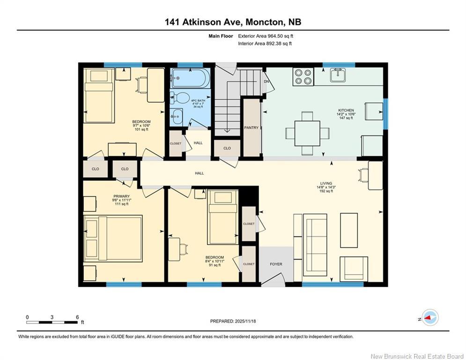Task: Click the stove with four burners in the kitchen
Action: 303,77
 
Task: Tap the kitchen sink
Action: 337,75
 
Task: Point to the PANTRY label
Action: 251,127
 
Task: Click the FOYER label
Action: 276,264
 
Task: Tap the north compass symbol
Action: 429,318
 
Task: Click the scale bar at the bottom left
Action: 52,322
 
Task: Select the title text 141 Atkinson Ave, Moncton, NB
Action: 233,22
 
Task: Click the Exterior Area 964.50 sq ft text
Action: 266,36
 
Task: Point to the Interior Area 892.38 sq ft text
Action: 265,44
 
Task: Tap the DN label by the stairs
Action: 267,81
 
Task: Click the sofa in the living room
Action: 315,245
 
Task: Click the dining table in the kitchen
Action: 307,133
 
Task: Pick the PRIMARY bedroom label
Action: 121,196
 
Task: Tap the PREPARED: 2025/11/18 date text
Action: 233,321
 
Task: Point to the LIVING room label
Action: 326,183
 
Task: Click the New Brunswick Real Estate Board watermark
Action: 417,356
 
